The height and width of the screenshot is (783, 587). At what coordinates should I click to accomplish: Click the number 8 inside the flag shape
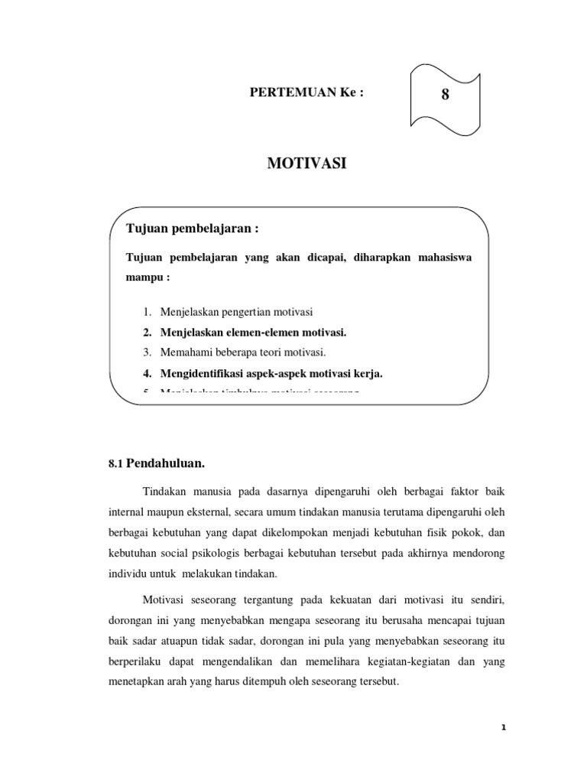446,96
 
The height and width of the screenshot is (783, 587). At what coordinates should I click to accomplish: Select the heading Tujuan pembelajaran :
188,229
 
